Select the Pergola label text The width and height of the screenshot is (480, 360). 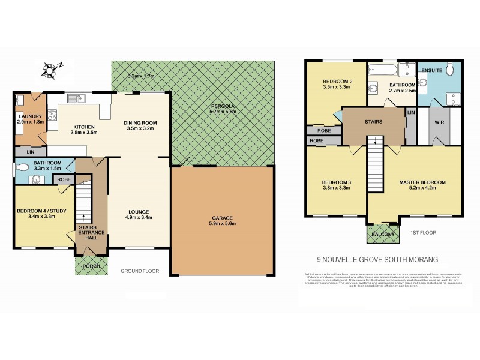point(223,105)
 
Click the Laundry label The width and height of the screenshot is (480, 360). point(29,117)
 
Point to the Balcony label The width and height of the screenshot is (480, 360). point(382,235)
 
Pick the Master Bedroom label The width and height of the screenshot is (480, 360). point(423,182)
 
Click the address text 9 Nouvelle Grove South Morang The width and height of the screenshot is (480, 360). point(377,259)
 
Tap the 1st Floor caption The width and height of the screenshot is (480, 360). point(423,232)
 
